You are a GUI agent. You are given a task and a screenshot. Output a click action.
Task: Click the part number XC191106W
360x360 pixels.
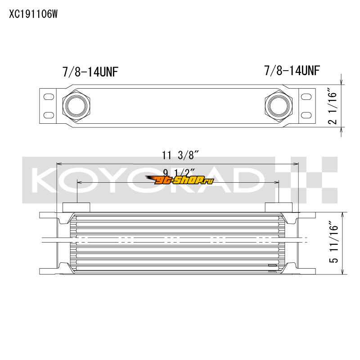(33, 14)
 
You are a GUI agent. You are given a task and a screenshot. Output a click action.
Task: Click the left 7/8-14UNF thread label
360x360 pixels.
(90, 72)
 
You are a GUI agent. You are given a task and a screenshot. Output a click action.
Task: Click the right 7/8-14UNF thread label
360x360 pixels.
(292, 71)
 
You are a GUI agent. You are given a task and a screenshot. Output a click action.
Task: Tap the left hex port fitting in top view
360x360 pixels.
(76, 106)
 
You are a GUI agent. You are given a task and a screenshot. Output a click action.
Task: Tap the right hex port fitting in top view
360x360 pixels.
(279, 106)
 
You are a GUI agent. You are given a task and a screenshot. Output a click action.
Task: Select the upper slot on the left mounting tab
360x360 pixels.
(49, 97)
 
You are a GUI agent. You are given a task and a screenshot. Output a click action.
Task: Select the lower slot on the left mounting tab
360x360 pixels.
(49, 115)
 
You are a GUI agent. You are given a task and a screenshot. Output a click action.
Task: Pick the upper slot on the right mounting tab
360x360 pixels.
(306, 97)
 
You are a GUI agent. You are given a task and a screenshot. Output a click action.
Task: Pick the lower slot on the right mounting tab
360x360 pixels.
(306, 115)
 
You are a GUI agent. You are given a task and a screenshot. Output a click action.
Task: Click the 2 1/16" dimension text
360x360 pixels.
(333, 106)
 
